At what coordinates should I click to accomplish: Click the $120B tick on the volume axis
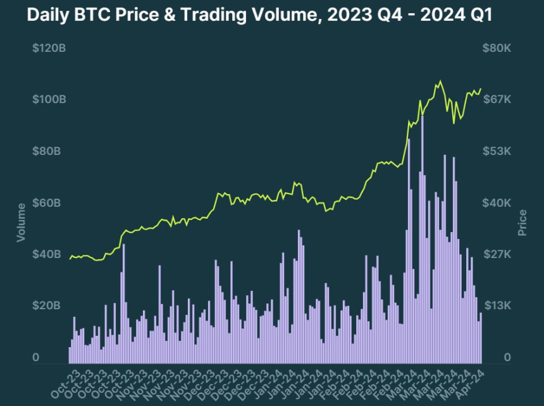(x=49, y=48)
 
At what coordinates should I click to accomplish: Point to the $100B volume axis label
(x=49, y=100)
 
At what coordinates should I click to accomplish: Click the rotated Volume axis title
(x=21, y=221)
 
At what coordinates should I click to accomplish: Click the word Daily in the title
(x=46, y=16)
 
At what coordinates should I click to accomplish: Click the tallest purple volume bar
(x=422, y=240)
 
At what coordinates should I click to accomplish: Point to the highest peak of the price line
(x=440, y=81)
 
